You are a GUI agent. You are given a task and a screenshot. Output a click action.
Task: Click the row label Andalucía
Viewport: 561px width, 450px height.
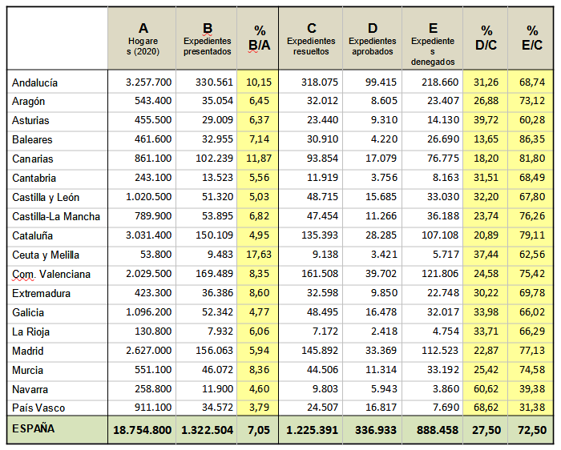coord(34,82)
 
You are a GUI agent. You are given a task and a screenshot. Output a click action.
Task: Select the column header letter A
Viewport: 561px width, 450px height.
coord(143,28)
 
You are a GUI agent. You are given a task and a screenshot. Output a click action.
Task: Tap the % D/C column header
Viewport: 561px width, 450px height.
coord(486,38)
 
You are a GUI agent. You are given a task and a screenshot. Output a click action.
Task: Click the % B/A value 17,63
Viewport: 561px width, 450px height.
coord(259,255)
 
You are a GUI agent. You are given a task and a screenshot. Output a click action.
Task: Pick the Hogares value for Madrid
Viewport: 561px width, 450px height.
coord(148,351)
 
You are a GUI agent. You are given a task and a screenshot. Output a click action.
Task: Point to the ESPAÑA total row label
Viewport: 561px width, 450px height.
coord(34,428)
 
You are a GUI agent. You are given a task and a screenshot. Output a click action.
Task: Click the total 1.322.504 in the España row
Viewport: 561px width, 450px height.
coord(207,430)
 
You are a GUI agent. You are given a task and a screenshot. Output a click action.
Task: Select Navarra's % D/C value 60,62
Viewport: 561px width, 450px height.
coord(486,389)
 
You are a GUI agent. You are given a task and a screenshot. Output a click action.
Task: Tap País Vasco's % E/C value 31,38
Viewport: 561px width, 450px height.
coord(532,408)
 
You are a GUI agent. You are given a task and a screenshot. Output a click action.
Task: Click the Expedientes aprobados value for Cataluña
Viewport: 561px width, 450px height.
coord(381,235)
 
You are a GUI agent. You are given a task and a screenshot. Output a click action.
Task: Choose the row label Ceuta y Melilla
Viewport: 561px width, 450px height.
coord(46,255)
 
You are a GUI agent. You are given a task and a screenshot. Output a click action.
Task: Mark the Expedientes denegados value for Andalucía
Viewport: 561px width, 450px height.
coord(440,82)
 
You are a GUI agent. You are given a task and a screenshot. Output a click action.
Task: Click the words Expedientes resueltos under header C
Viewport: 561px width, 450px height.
coord(311,46)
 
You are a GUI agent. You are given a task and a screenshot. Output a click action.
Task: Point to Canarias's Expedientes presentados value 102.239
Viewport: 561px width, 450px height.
coord(214,159)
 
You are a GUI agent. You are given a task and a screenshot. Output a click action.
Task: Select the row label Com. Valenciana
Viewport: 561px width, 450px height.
coord(51,274)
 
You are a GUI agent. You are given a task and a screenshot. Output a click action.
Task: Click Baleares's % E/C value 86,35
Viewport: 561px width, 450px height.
coord(532,139)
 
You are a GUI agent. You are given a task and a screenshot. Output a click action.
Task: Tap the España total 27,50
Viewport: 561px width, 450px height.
coord(486,430)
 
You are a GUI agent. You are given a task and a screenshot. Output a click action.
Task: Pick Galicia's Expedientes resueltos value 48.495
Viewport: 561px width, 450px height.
coord(322,312)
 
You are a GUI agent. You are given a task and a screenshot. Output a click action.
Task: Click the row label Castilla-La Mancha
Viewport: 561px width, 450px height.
coord(56,217)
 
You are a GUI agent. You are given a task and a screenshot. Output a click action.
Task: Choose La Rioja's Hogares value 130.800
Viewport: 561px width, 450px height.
coord(153,331)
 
